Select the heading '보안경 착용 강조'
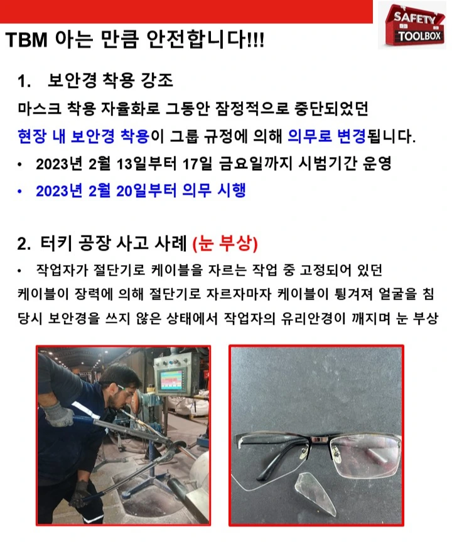pyautogui.click(x=110, y=81)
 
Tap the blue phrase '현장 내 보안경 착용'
pyautogui.click(x=83, y=136)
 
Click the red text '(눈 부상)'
pyautogui.click(x=225, y=243)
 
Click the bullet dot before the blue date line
pyautogui.click(x=20, y=192)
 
